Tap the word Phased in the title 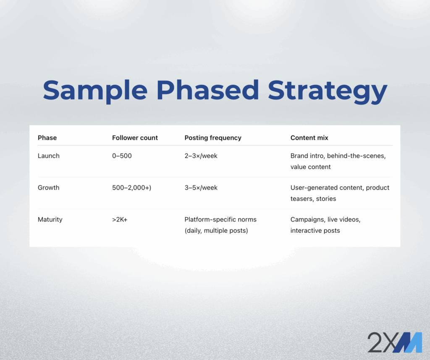click(x=207, y=90)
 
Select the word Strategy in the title click(x=328, y=91)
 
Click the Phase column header click(x=47, y=138)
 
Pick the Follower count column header click(x=135, y=138)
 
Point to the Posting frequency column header click(x=213, y=138)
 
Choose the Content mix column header click(x=309, y=138)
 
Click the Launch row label click(x=49, y=156)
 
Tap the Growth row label click(x=49, y=188)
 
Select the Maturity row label click(x=50, y=220)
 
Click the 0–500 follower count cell click(x=122, y=156)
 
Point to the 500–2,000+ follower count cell click(x=131, y=188)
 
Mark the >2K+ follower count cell click(x=120, y=220)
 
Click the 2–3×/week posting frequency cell click(x=201, y=156)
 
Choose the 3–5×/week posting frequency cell click(x=201, y=188)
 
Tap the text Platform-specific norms click(x=220, y=220)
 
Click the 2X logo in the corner click(x=394, y=342)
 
